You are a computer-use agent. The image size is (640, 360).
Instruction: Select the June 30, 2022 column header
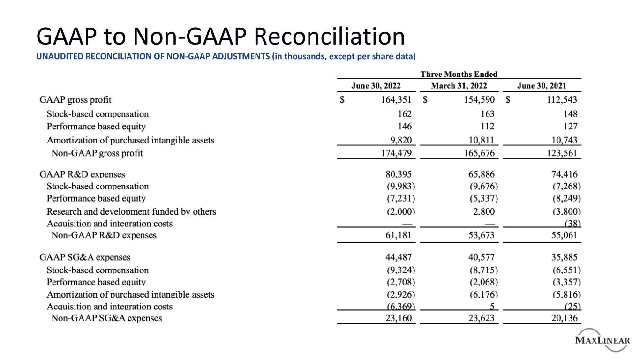pos(376,86)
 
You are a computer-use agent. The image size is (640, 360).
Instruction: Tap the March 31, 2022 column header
pos(459,86)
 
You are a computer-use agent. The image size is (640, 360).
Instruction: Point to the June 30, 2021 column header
pos(541,86)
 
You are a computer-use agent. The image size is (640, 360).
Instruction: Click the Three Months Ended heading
pos(459,74)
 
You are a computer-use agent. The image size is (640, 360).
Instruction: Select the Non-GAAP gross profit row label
pos(97,153)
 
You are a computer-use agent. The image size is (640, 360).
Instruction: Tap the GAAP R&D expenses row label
pos(83,174)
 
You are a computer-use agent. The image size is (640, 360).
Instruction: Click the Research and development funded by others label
pos(131,211)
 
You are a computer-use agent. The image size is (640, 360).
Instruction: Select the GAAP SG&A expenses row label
pos(85,257)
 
